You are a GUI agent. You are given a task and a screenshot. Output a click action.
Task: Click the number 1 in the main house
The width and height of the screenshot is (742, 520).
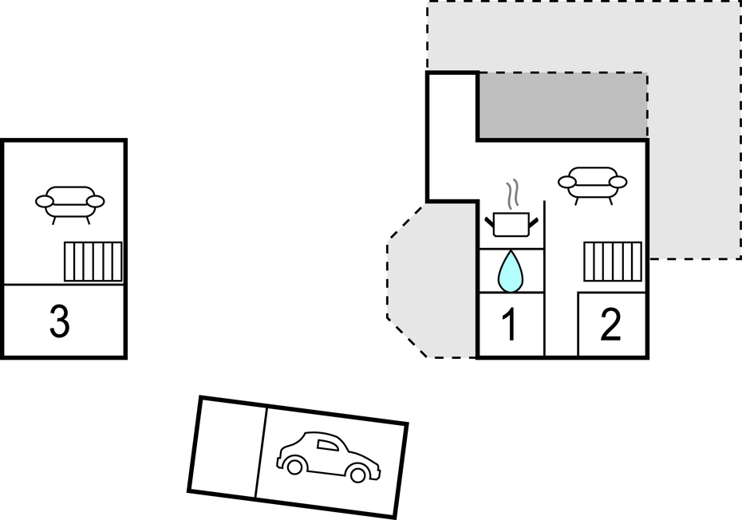pyautogui.click(x=509, y=325)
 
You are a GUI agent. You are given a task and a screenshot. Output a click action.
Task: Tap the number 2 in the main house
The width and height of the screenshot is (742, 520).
pyautogui.click(x=610, y=325)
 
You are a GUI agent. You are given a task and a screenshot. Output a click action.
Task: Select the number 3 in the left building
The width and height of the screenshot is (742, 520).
pyautogui.click(x=60, y=321)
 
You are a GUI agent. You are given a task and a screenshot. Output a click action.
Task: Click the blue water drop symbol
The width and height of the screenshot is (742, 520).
pyautogui.click(x=511, y=271)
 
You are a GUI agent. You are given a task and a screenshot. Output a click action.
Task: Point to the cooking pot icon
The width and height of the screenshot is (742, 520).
pyautogui.click(x=511, y=223)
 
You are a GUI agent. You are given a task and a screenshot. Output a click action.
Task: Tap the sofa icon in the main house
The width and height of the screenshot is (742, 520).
pyautogui.click(x=591, y=184)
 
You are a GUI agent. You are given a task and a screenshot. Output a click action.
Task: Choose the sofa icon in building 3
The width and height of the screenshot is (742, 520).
pyautogui.click(x=69, y=203)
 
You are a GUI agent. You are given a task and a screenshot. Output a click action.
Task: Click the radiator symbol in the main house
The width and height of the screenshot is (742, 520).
pyautogui.click(x=613, y=262)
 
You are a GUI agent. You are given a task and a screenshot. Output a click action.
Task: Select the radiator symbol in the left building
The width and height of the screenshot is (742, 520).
pyautogui.click(x=93, y=262)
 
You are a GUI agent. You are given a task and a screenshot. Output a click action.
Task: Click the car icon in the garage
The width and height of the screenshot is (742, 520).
pyautogui.click(x=328, y=458)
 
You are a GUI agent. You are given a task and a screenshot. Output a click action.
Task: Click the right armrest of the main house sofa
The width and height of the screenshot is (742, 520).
pyautogui.click(x=618, y=182)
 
